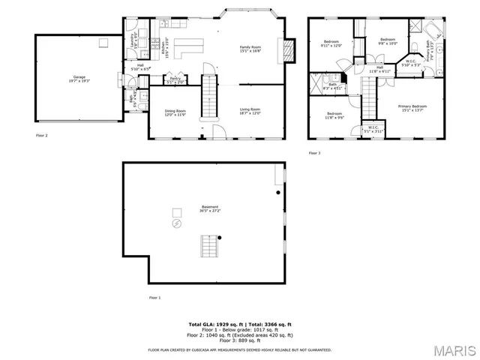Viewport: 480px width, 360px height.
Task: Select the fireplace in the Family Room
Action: [285, 49]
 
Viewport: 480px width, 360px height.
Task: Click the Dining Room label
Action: [175, 113]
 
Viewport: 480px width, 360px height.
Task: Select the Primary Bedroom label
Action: [412, 109]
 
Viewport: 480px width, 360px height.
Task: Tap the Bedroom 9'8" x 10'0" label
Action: [387, 41]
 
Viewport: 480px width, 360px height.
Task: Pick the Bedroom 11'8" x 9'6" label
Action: [334, 116]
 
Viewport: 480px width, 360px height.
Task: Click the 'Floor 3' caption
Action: [314, 153]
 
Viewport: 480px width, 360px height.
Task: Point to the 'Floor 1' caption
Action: [154, 297]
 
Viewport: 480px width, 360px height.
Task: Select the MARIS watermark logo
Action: [452, 350]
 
